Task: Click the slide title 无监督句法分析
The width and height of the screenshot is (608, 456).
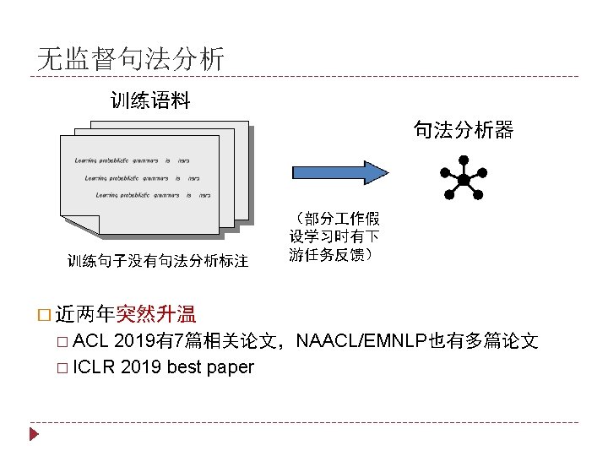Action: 131,58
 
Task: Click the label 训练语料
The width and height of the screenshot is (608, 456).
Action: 151,101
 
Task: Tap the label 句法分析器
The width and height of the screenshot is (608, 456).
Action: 463,129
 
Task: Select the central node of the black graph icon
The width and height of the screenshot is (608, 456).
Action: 464,181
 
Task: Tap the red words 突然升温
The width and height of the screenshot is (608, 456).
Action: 156,315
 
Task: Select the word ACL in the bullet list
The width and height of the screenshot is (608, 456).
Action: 91,341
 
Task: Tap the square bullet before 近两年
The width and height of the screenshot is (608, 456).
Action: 45,316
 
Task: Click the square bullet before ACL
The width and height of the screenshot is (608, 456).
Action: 64,342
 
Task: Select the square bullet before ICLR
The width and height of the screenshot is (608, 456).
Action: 64,368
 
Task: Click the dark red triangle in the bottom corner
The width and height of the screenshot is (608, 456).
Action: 34,435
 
